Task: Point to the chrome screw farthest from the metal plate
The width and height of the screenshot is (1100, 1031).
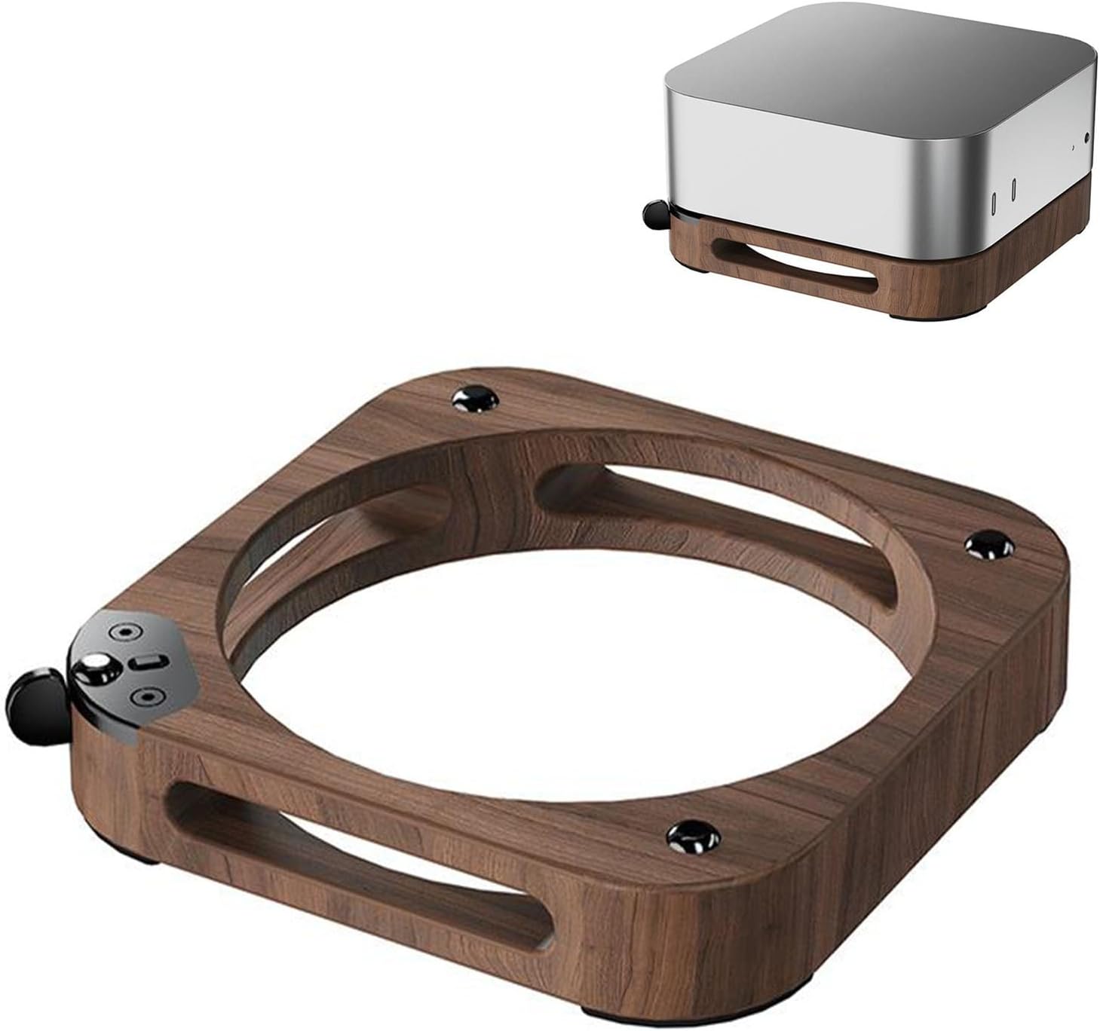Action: tap(990, 543)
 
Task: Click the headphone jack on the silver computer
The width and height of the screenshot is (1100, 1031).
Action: tap(1086, 138)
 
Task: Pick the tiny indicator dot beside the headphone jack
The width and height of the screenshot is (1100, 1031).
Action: tap(1072, 148)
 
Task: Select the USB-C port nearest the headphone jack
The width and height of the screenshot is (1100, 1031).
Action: tap(1014, 188)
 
